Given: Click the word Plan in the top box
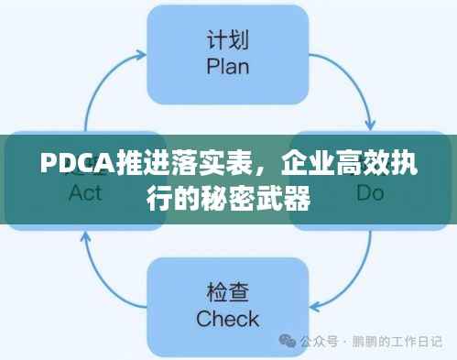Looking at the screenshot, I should tap(228, 67).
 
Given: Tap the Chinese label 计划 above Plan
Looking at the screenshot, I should tap(228, 42).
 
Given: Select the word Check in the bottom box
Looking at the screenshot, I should tap(228, 319).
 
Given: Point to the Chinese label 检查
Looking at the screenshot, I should tap(228, 294).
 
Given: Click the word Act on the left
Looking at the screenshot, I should tap(85, 194).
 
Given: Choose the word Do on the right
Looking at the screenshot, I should tap(370, 192).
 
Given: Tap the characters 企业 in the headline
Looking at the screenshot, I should tap(305, 167).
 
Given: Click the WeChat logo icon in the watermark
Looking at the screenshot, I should tap(288, 342).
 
